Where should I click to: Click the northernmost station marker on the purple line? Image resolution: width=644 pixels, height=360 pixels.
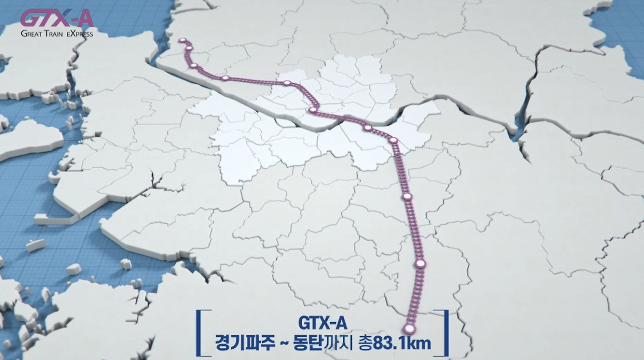(x=182, y=40)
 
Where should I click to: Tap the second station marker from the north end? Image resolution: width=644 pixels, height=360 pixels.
(x=189, y=49)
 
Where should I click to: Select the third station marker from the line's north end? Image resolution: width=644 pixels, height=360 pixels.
(x=194, y=66)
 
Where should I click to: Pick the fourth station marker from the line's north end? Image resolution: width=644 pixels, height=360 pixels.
(x=225, y=78)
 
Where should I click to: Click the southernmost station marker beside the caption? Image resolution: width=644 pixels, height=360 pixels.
(x=410, y=329)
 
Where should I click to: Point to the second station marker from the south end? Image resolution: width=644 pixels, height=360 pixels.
(x=420, y=263)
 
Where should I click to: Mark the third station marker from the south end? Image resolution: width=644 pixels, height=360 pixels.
(x=407, y=197)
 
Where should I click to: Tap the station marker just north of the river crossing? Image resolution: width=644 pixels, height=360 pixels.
(x=313, y=110)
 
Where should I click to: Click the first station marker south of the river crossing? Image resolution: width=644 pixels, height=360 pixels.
(x=368, y=128)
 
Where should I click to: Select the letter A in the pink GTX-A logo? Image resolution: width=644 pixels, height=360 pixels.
(x=84, y=19)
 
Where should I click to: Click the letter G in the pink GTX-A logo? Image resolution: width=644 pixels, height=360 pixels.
(x=31, y=19)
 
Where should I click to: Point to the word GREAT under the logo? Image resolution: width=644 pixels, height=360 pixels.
(x=33, y=34)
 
